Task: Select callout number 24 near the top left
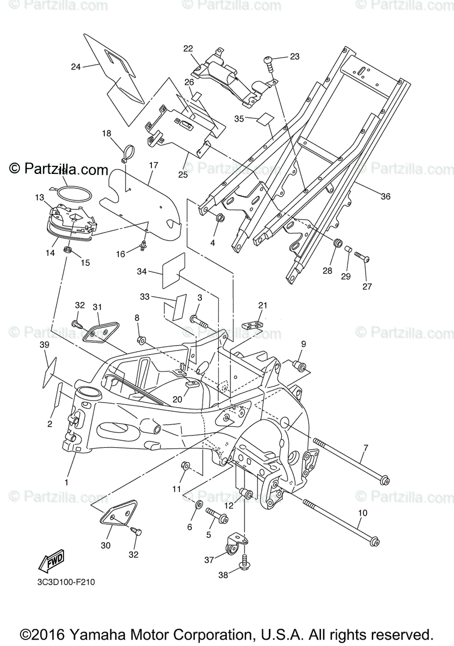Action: pyautogui.click(x=75, y=67)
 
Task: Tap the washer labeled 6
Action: pyautogui.click(x=198, y=505)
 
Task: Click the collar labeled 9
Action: pyautogui.click(x=299, y=367)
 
